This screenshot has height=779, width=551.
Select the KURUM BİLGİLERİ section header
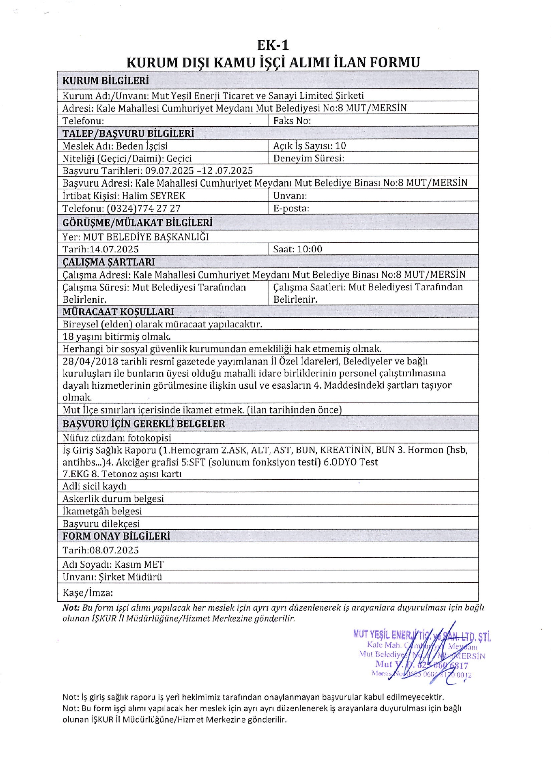tap(105, 80)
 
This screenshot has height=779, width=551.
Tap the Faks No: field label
tap(292, 121)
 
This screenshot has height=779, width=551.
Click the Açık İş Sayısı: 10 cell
tap(310, 146)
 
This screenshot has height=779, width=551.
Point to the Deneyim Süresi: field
tap(308, 158)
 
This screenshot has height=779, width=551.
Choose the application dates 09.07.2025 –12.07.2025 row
tap(158, 170)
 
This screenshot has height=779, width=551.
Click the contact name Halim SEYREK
tap(154, 196)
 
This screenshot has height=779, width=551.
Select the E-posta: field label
tap(291, 209)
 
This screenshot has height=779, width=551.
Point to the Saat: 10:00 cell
tap(297, 249)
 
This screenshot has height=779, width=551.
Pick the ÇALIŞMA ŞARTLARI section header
tap(108, 262)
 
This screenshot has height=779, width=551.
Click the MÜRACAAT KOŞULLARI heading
tap(118, 312)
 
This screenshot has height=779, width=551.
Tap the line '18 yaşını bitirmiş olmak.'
tap(116, 337)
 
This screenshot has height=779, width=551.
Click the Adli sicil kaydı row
tap(95, 486)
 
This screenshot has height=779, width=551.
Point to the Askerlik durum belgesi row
tap(113, 499)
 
